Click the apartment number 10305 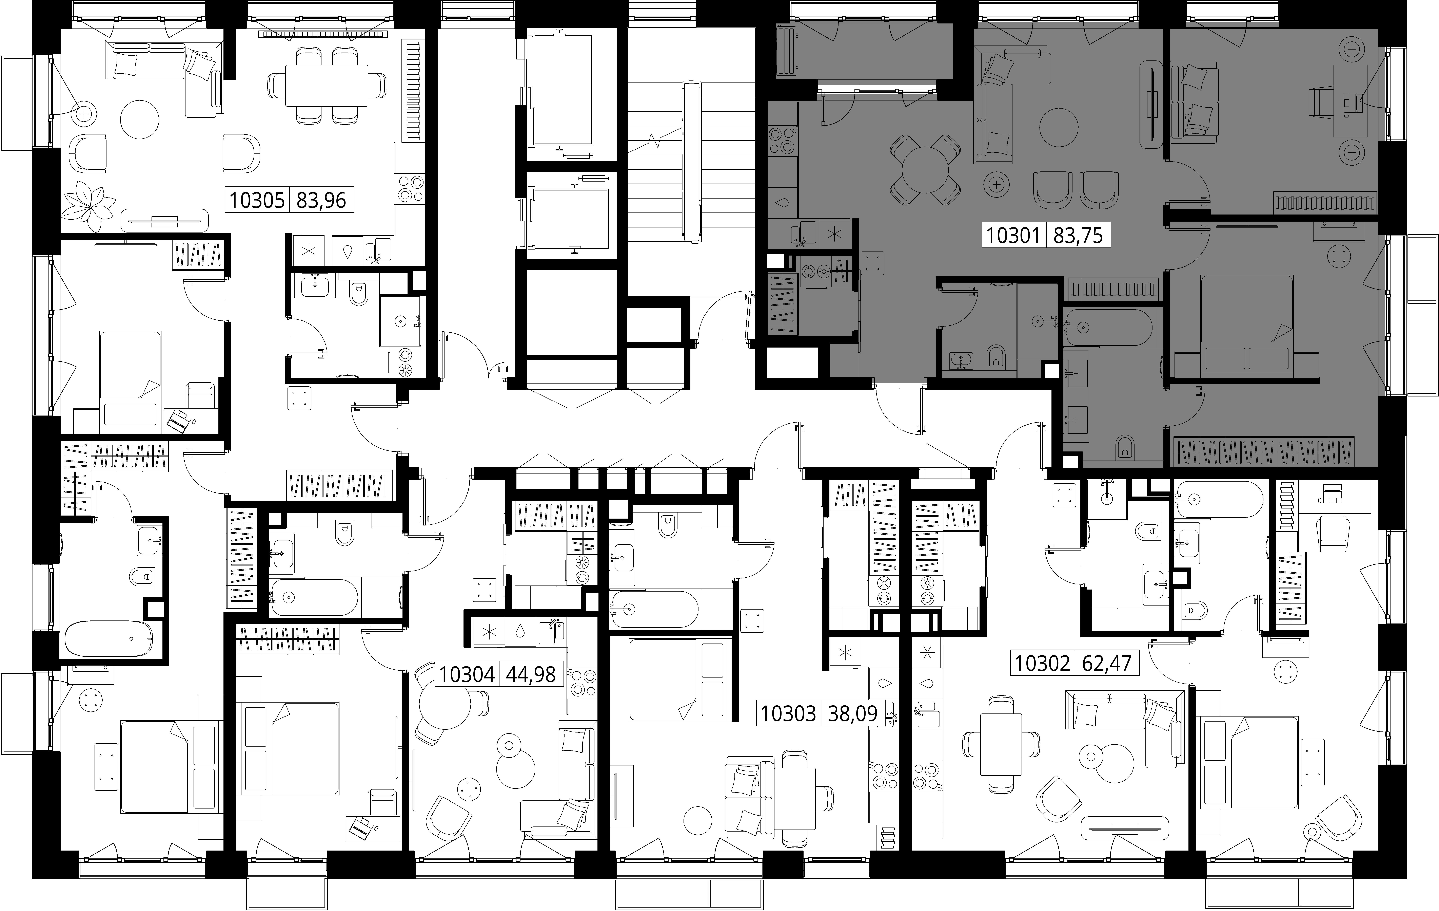[x=257, y=200]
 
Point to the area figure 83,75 [x=1078, y=235]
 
